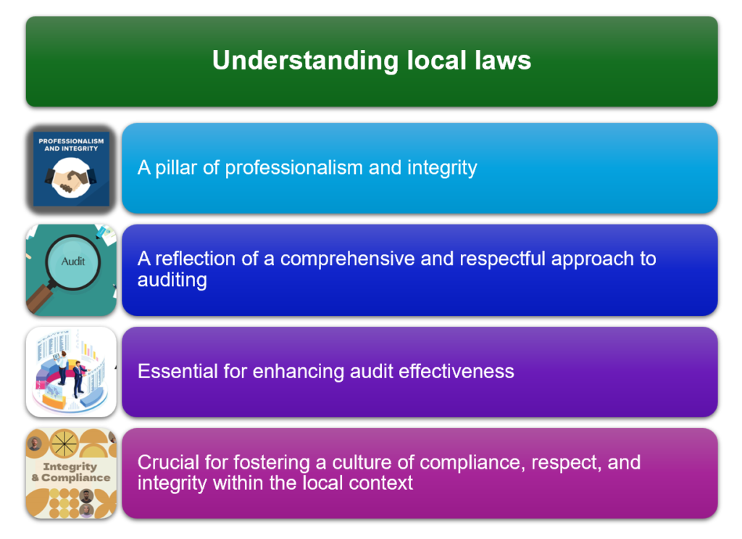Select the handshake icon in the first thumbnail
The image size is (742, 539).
[x=71, y=178]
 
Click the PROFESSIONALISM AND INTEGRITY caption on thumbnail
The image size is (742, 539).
[x=71, y=145]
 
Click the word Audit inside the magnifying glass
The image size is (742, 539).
[x=73, y=262]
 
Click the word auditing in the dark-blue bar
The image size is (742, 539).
[x=172, y=280]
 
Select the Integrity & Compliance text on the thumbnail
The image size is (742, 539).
[x=71, y=472]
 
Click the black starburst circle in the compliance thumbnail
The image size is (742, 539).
[x=64, y=444]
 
